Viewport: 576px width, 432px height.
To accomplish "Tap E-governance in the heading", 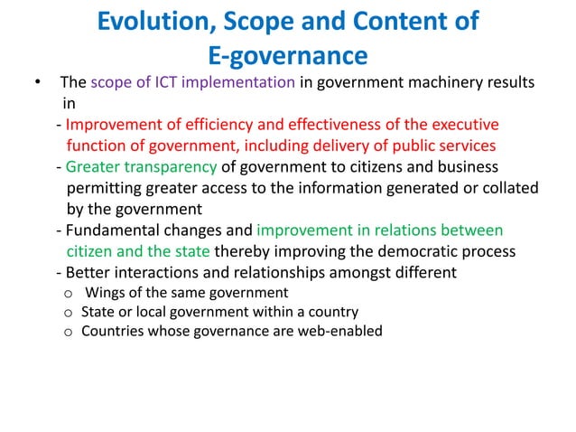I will coord(288,57).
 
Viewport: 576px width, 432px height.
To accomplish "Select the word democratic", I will coord(414,250).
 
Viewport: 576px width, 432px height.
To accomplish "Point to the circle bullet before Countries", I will coord(68,332).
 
